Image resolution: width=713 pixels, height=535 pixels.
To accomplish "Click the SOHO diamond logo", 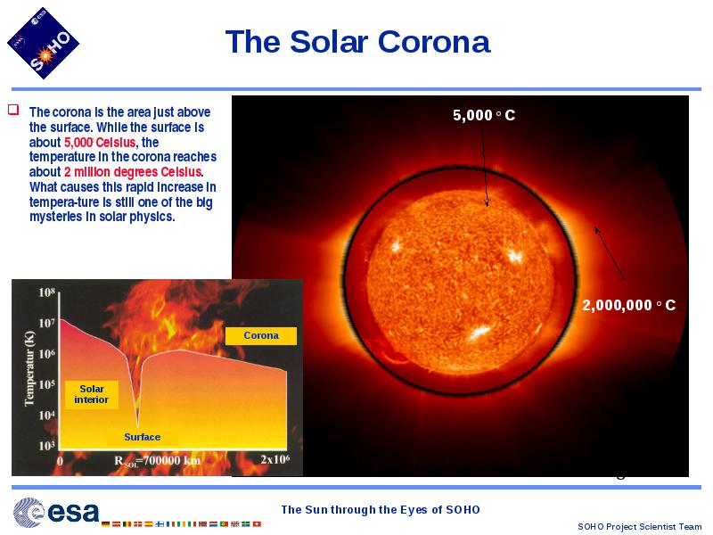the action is (43, 43).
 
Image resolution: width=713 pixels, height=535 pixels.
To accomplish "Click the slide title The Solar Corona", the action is (358, 42).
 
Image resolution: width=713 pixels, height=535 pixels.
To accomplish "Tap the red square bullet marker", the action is (13, 110).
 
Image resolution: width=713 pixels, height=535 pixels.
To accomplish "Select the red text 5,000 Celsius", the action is (100, 143).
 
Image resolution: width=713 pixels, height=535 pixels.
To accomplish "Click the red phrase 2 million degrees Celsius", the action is (133, 172).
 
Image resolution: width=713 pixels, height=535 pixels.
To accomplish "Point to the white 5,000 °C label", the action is (484, 115).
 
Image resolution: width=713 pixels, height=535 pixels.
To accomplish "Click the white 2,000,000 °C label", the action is (629, 305).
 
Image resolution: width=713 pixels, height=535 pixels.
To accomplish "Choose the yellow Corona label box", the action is (261, 336).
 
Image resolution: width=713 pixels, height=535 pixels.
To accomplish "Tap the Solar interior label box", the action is (92, 394).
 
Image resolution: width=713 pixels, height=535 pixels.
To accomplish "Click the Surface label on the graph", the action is (143, 437).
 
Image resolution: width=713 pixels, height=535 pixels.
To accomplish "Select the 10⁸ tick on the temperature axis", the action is (47, 292).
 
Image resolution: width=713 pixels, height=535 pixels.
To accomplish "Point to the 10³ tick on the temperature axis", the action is (47, 445).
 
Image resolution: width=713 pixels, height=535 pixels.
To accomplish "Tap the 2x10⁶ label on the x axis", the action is (275, 459).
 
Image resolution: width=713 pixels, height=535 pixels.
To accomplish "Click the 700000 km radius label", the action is (158, 461).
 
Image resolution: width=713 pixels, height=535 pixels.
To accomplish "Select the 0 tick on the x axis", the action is (60, 461).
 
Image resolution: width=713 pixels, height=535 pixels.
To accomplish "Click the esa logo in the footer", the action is (56, 513).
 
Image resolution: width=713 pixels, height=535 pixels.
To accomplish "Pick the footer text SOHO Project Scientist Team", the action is (640, 526).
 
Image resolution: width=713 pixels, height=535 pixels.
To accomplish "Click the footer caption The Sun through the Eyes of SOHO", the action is (381, 509).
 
